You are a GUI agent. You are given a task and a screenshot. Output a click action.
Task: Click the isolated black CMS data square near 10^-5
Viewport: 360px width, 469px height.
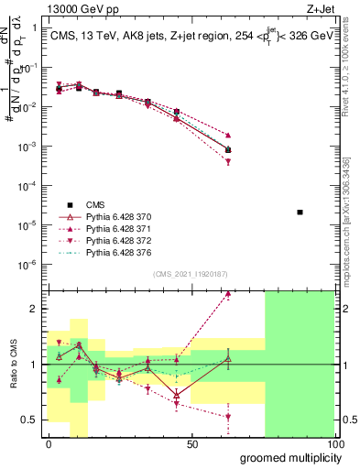[300, 213]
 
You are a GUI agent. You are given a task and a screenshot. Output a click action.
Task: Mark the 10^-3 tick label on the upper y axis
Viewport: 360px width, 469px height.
[27, 147]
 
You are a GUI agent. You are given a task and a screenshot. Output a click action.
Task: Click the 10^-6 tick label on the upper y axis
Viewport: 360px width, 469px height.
[27, 264]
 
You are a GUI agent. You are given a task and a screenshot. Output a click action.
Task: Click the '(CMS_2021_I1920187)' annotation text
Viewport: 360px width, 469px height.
[191, 274]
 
